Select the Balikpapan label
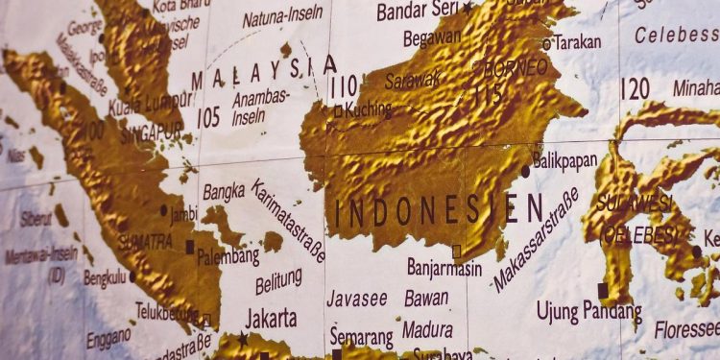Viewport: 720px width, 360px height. tap(565, 159)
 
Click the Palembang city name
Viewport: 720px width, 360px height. tap(228, 257)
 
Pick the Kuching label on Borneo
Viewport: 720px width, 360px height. tap(369, 109)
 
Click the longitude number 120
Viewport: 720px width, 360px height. tap(635, 89)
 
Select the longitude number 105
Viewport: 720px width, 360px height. tap(208, 117)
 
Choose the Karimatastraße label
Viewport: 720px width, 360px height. tap(288, 219)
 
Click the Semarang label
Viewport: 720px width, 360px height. tap(362, 337)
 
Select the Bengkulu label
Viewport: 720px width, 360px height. tap(105, 277)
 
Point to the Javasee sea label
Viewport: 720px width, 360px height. tap(357, 299)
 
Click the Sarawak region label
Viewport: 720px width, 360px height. tap(413, 80)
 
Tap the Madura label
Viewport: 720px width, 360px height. tap(427, 329)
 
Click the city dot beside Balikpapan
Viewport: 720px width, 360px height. tap(525, 170)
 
